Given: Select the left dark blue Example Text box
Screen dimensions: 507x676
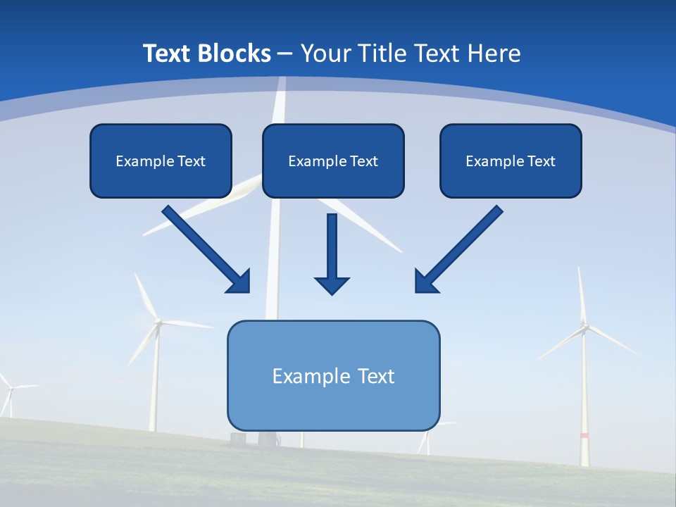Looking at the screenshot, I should tap(161, 161).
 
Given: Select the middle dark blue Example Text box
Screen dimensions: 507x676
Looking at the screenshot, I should tap(333, 161).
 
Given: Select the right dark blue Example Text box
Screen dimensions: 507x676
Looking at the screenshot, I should tap(511, 161).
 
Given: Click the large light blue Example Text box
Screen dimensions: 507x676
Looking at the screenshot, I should tap(333, 376).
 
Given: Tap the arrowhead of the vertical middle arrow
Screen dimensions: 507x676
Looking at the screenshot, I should tap(332, 285).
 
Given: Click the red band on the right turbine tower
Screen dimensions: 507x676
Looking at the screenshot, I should tap(584, 436).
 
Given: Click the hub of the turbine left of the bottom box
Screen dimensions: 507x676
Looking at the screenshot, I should tap(158, 323).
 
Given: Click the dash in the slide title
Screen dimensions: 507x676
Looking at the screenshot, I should tap(285, 54).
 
